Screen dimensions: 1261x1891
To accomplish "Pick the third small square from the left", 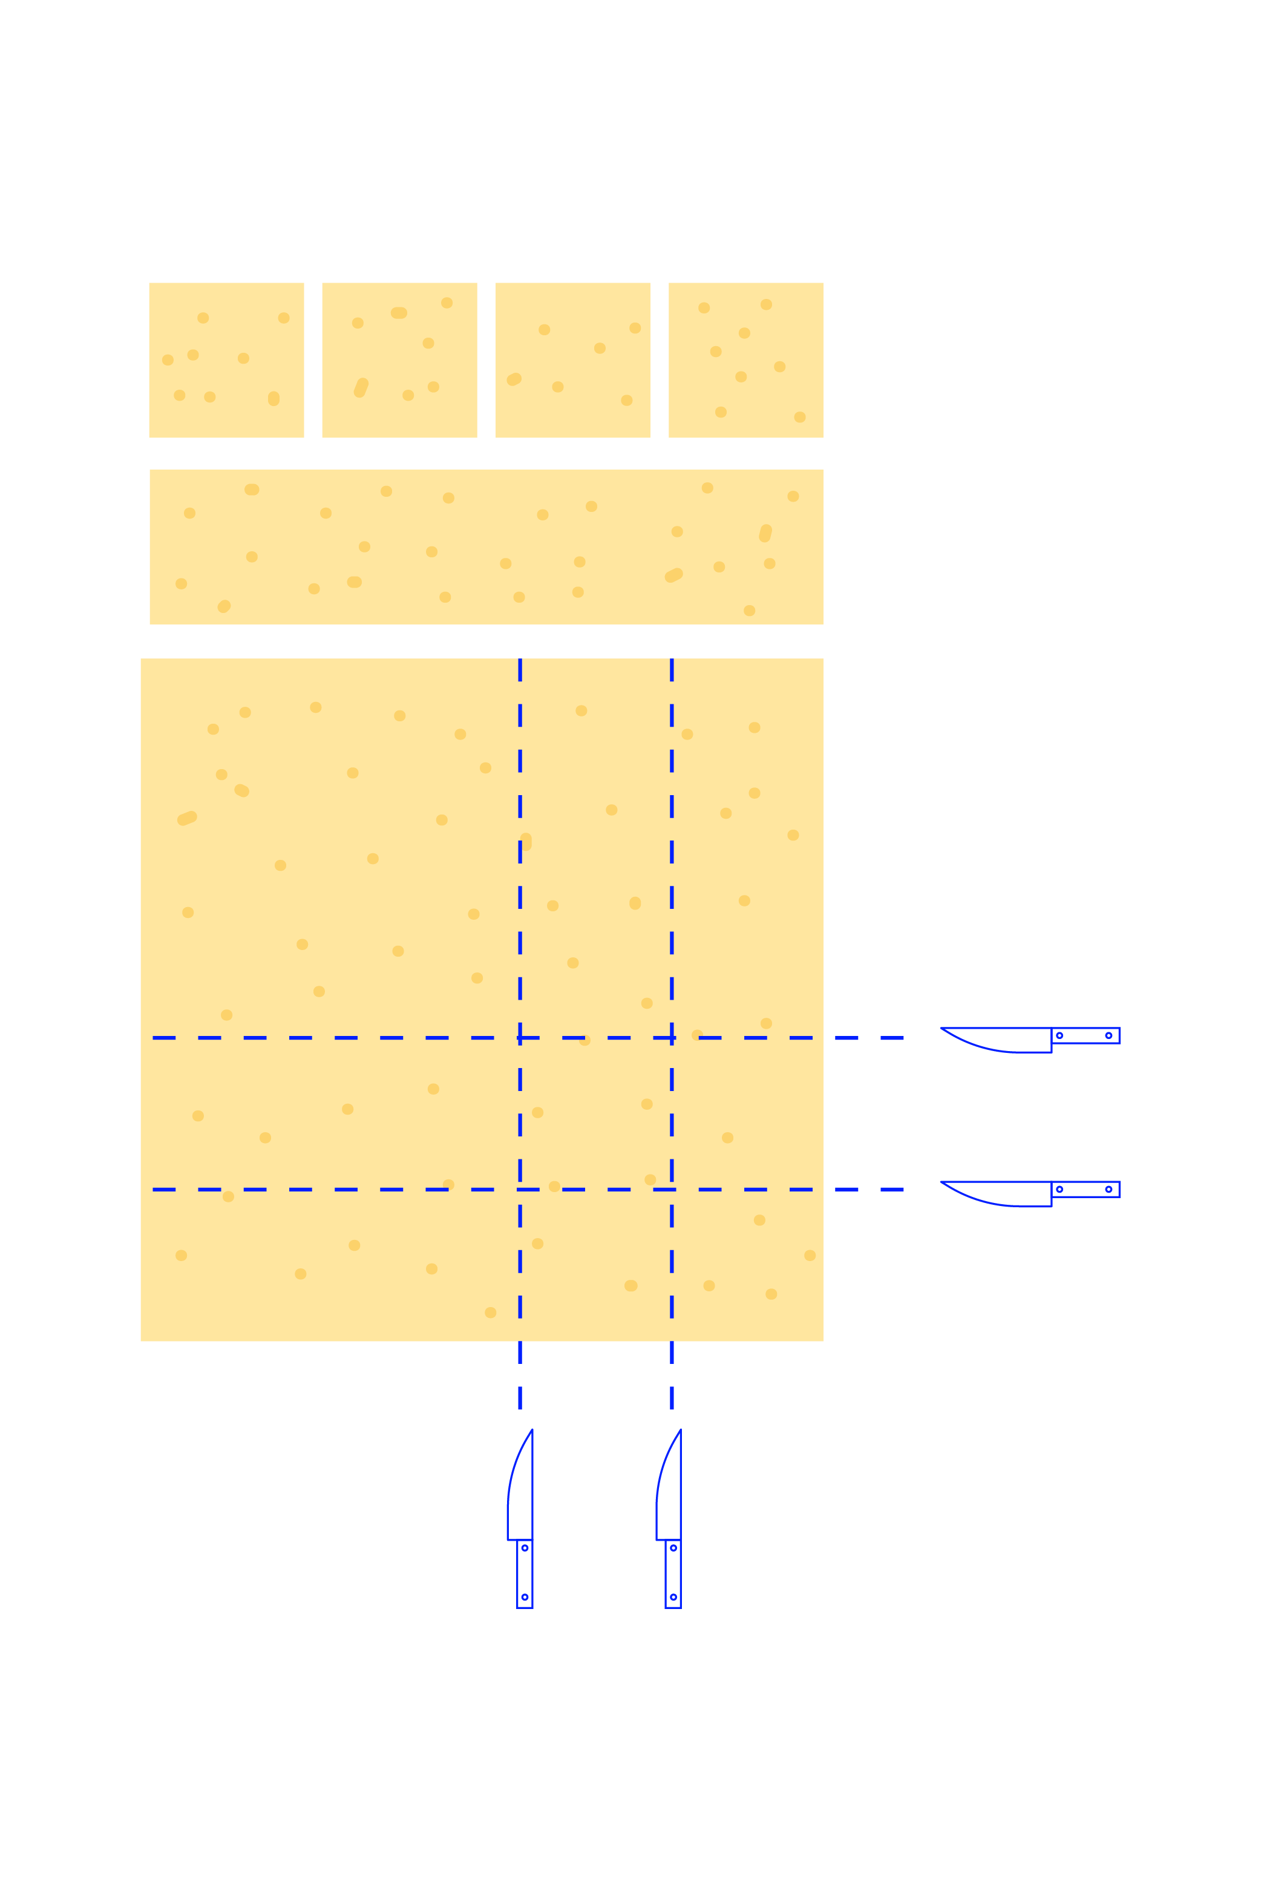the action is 572,359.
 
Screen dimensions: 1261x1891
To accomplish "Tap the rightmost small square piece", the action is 745,359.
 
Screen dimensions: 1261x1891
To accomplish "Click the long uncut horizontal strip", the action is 486,546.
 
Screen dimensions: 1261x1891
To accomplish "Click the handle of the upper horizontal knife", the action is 1085,1035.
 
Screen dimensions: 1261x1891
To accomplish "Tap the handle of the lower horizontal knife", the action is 1085,1189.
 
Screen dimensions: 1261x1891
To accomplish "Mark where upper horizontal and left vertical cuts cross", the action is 520,1038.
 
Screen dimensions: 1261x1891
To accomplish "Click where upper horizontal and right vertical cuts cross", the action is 672,1038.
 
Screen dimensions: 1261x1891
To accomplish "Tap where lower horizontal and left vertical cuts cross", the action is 520,1189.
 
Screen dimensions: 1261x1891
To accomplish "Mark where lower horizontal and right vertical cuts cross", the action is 672,1189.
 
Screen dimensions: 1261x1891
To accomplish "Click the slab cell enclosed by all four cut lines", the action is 596,1113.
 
